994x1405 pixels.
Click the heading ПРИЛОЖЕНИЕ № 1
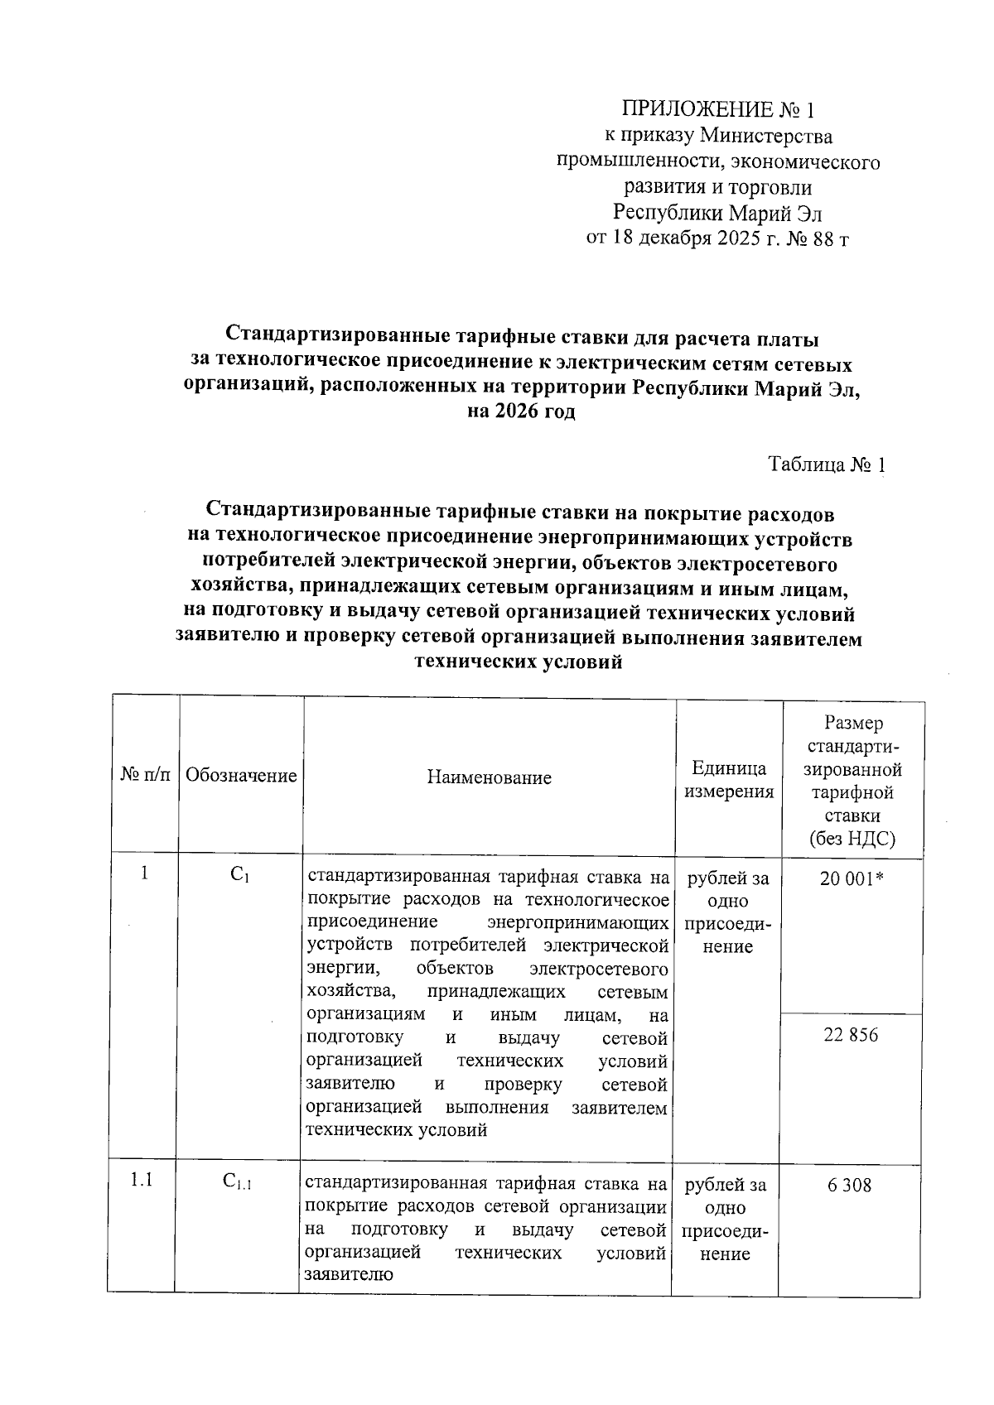click(718, 109)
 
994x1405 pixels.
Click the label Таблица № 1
click(827, 465)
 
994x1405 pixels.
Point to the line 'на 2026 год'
click(520, 411)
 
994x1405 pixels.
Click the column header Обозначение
click(241, 776)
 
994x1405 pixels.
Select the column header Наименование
click(489, 777)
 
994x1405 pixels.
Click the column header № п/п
click(147, 776)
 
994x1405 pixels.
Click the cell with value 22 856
click(851, 1035)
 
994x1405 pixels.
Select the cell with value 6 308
click(849, 1186)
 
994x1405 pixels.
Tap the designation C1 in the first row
click(240, 874)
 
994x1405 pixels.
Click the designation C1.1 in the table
click(238, 1182)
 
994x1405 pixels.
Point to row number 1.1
click(142, 1181)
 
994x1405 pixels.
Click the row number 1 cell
click(145, 873)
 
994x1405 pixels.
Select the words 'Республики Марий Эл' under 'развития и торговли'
click(717, 214)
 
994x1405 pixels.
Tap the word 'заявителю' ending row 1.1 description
click(349, 1276)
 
